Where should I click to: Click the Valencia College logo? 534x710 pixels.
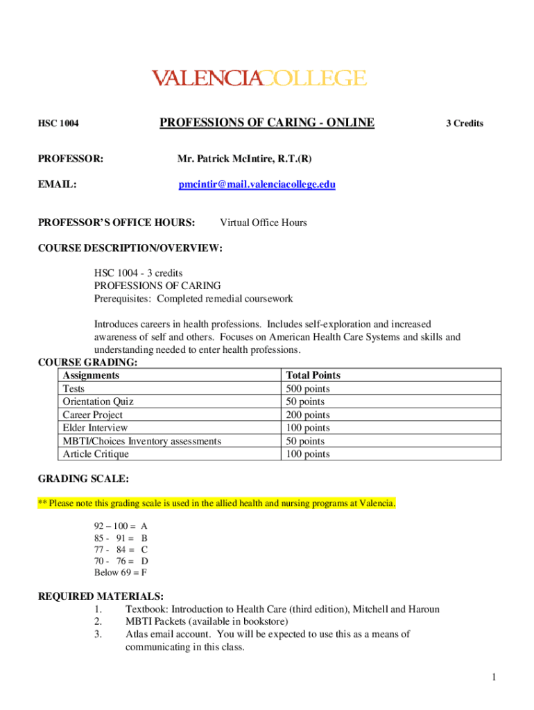tap(259, 78)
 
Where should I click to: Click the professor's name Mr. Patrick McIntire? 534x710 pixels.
tap(244, 159)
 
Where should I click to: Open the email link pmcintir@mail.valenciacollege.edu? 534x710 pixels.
tap(257, 184)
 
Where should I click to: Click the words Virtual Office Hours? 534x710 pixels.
tap(263, 223)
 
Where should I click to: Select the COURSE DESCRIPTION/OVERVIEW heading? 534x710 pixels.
tap(129, 248)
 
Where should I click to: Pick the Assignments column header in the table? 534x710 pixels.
tap(91, 375)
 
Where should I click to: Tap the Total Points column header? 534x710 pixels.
tap(313, 375)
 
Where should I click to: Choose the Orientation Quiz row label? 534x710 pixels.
tap(98, 401)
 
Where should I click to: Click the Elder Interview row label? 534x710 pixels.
tap(95, 428)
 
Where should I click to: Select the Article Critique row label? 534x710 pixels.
tap(96, 454)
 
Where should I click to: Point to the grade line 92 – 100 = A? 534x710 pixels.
tap(121, 526)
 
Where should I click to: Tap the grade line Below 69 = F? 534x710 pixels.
tap(120, 573)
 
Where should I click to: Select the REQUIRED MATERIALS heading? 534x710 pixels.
tap(100, 596)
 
